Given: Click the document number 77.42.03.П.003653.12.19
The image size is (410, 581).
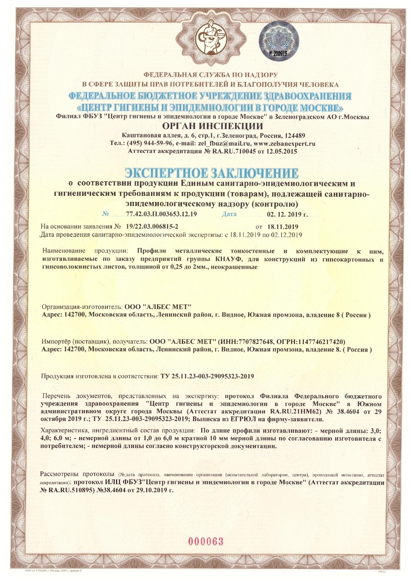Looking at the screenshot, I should pos(161,214).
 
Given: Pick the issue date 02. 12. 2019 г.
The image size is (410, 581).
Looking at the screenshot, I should pos(287,214).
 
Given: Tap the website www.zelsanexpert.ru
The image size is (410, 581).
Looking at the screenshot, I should pos(284,144).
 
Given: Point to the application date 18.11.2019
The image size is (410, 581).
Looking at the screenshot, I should pos(283,227).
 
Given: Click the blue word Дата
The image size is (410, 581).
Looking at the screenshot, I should pos(229,214).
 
